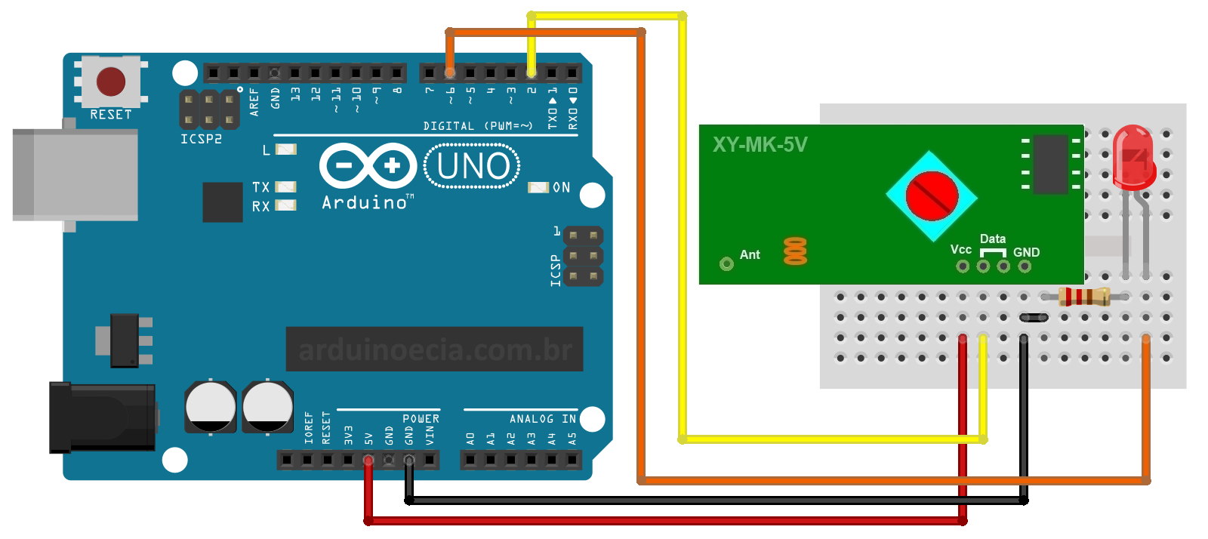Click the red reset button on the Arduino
point(111,81)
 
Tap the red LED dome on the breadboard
point(1133,156)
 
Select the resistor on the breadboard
point(1084,296)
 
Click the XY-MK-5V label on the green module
point(760,144)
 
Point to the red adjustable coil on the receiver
point(932,195)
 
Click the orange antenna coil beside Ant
point(795,251)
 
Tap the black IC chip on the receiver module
point(1050,164)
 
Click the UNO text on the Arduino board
point(473,166)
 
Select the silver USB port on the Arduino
point(75,174)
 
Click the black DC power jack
point(102,417)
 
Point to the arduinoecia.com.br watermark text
point(435,350)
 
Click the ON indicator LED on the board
point(538,187)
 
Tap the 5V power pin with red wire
point(368,459)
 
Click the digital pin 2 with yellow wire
point(532,73)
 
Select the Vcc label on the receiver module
point(960,249)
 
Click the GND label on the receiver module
point(1026,252)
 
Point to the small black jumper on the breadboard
point(1033,317)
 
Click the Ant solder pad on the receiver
point(726,263)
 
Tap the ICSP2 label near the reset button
point(200,139)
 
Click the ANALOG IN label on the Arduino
point(542,418)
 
